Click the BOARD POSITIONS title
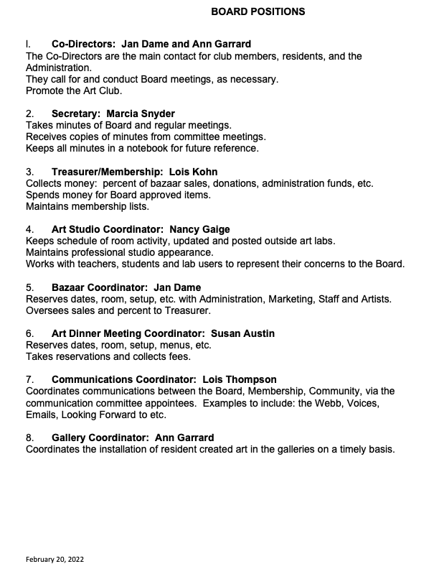tap(258, 11)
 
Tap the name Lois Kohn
tap(193, 172)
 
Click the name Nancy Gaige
tap(200, 229)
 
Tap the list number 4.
tap(29, 229)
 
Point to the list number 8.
tap(29, 438)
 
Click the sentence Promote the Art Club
tap(73, 91)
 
